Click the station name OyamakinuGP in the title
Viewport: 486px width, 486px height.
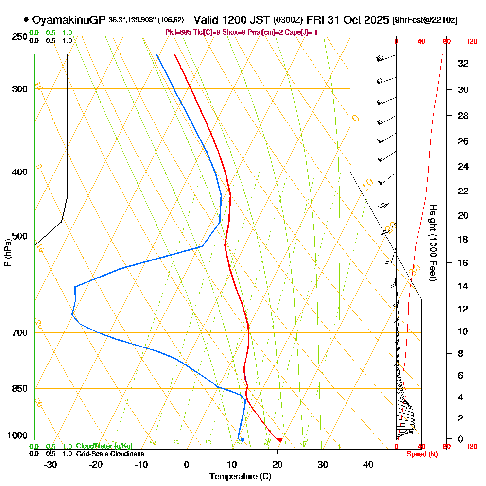tap(69, 20)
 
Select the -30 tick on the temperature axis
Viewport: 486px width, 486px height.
tap(50, 465)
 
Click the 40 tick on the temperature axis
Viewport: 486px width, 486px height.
tap(368, 465)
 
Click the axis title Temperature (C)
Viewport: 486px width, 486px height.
tap(240, 476)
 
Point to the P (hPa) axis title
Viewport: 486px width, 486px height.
tap(7, 252)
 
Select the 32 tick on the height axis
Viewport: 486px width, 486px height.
tap(463, 63)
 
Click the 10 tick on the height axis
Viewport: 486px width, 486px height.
tap(463, 331)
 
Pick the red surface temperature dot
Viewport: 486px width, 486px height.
tap(280, 440)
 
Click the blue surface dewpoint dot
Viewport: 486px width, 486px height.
tap(243, 440)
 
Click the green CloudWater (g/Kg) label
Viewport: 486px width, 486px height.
tap(104, 446)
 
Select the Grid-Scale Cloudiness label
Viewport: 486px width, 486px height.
tap(110, 454)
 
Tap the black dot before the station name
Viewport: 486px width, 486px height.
tap(26, 20)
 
